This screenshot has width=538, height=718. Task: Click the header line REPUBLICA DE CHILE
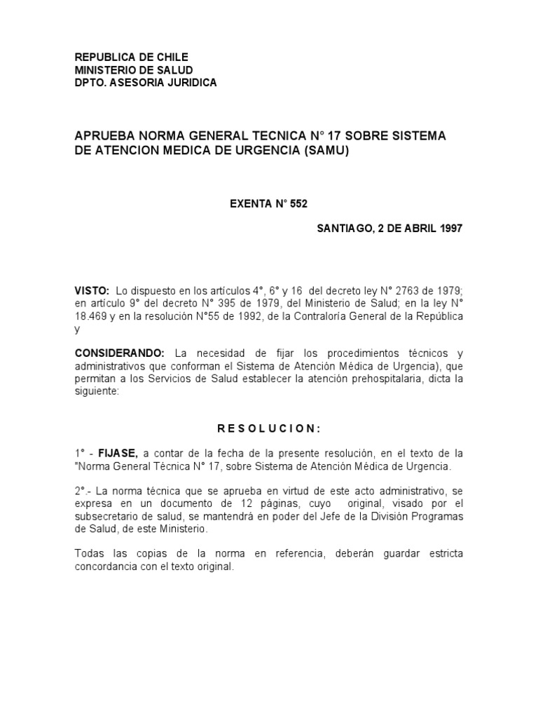pyautogui.click(x=131, y=57)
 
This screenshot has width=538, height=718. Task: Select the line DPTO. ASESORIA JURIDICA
pyautogui.click(x=146, y=83)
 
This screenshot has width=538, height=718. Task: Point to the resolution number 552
pyautogui.click(x=298, y=204)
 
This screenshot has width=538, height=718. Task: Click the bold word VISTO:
pyautogui.click(x=92, y=290)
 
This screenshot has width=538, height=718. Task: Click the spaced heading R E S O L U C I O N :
pyautogui.click(x=268, y=428)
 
